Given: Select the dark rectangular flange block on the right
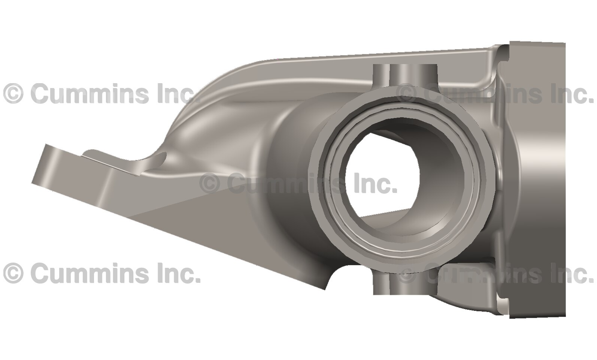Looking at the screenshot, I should (x=537, y=180).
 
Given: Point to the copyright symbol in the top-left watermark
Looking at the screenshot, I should (x=13, y=94).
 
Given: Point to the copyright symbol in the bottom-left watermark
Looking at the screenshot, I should (x=13, y=273).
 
